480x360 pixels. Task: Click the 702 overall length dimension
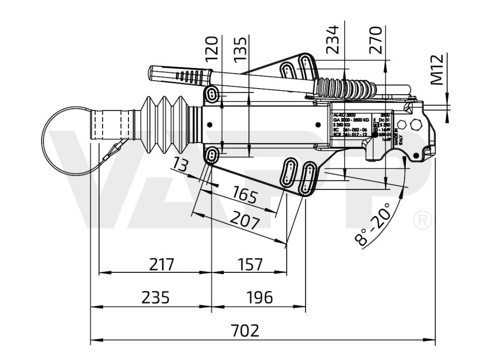tap(245, 330)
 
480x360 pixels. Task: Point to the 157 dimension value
tap(249, 264)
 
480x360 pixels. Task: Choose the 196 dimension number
tap(258, 297)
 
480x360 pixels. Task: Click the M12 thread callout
tap(437, 70)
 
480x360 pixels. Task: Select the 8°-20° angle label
tap(373, 225)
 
